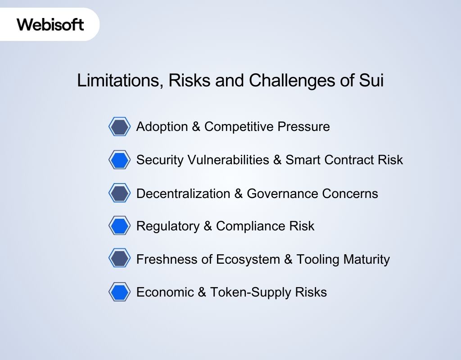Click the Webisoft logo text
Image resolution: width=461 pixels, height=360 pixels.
(x=50, y=24)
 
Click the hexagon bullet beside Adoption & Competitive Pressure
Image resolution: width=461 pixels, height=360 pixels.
(x=119, y=127)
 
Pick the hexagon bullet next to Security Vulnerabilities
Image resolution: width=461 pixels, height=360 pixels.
(x=119, y=160)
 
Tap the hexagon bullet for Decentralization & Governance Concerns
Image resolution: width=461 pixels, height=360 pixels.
(x=119, y=193)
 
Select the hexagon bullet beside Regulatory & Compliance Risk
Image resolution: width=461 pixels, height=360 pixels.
(x=119, y=226)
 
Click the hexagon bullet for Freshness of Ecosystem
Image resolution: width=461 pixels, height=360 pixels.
(x=119, y=259)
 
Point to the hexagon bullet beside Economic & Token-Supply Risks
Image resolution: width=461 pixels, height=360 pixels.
(x=119, y=292)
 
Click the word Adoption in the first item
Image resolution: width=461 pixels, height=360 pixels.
(x=162, y=127)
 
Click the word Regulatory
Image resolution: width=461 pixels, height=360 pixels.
(x=168, y=226)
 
